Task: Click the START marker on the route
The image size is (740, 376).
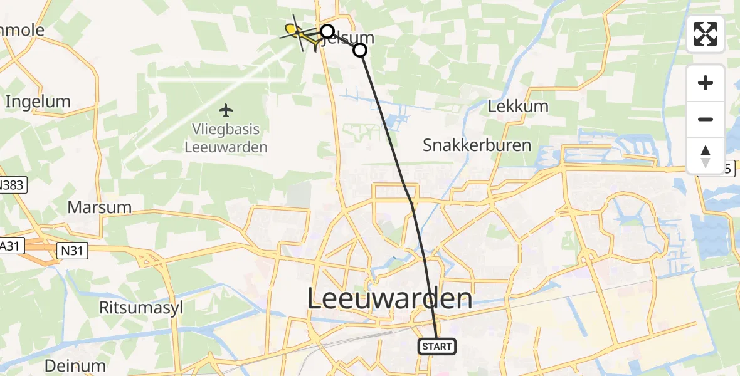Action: coord(436,346)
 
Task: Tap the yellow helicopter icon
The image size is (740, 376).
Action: coord(294,31)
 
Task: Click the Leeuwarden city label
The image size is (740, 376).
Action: coord(389,298)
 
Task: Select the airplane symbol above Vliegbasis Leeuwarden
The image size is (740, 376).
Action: coord(226,111)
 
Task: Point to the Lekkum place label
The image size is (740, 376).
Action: coord(518,106)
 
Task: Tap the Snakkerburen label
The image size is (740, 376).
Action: coord(477,145)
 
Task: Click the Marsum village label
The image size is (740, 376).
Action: coord(99,207)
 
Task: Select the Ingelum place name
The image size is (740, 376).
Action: coord(38,101)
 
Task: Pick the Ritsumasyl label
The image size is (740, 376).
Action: coord(135,307)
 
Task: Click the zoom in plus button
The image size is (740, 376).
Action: coord(706,83)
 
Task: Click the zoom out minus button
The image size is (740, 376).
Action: coord(706,119)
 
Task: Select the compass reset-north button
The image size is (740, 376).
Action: coord(706,155)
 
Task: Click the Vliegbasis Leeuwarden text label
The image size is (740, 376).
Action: coord(226,138)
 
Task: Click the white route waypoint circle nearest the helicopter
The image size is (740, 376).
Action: coord(327,31)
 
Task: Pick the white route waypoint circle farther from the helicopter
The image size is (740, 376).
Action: coord(360,50)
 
